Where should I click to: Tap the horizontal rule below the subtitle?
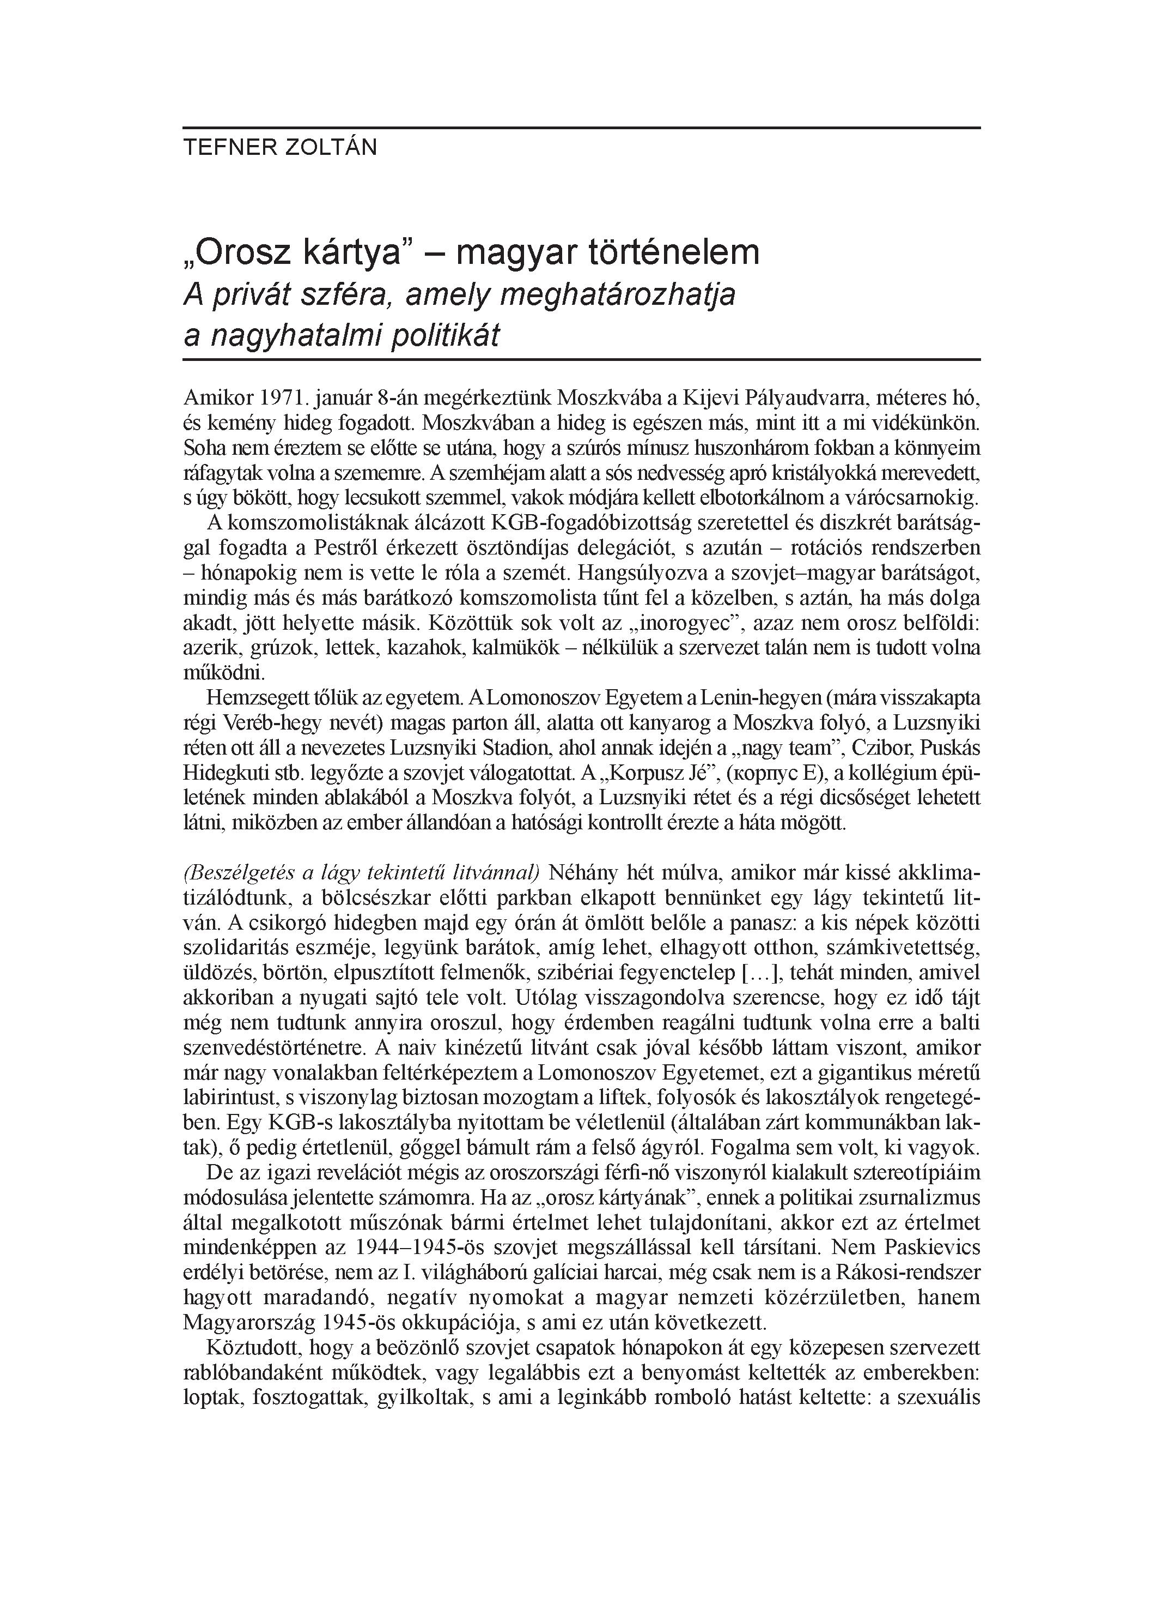pos(581,360)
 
